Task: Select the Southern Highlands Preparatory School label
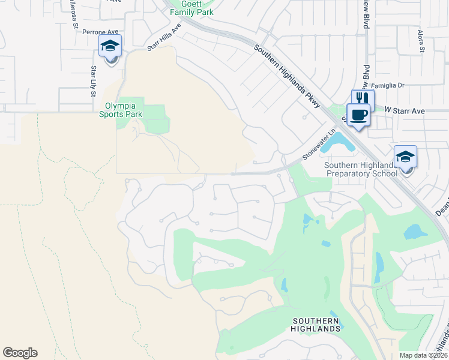pos(361,169)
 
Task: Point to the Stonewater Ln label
pos(318,146)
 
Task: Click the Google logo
pos(20,353)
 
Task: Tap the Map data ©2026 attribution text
pos(423,355)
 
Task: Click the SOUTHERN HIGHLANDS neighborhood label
pos(316,325)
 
